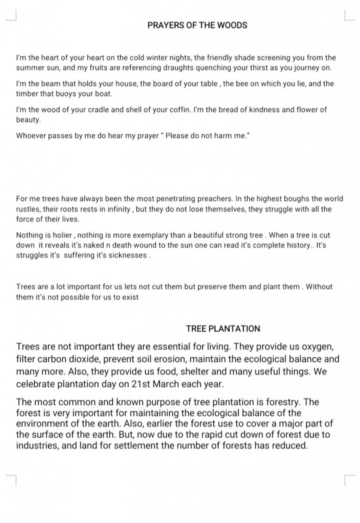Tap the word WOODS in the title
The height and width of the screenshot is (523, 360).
point(232,25)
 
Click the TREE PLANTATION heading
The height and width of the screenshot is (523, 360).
point(223,328)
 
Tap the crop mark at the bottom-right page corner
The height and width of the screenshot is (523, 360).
point(349,480)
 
